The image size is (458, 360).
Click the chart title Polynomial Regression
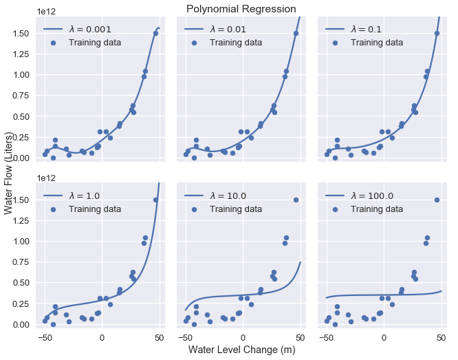[241, 9]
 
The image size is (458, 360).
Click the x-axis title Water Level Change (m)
[241, 350]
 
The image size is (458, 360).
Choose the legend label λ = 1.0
[84, 195]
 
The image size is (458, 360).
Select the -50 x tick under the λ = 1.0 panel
[45, 338]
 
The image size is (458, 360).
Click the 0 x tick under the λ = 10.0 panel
[243, 338]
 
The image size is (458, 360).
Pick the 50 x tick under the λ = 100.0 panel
[441, 338]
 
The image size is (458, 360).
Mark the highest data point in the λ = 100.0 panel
[437, 200]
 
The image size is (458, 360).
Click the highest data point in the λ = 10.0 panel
[296, 200]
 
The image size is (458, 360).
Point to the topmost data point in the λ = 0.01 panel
[296, 33]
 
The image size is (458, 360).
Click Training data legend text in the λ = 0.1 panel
[376, 43]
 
